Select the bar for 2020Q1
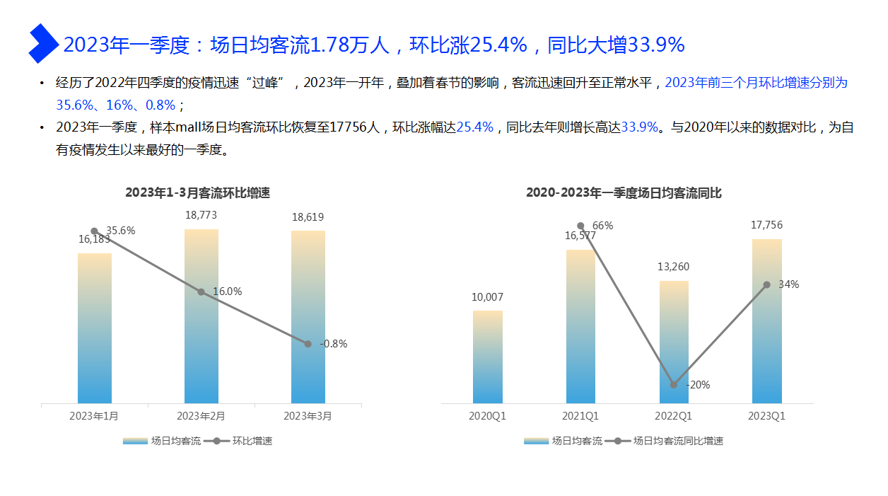(x=488, y=357)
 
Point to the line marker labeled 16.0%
(x=201, y=292)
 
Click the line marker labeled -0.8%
(x=308, y=344)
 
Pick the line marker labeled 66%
(x=580, y=226)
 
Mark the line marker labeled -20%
(x=674, y=385)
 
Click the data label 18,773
(x=201, y=215)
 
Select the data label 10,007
(x=488, y=297)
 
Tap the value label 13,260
(x=674, y=267)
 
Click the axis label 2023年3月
(x=308, y=416)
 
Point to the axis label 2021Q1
(x=580, y=416)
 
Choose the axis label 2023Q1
(x=767, y=416)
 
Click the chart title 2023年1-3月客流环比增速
(x=198, y=192)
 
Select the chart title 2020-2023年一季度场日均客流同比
(x=624, y=192)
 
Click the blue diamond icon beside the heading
(x=42, y=43)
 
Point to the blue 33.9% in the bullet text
(x=639, y=128)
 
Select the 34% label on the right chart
(x=788, y=284)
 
